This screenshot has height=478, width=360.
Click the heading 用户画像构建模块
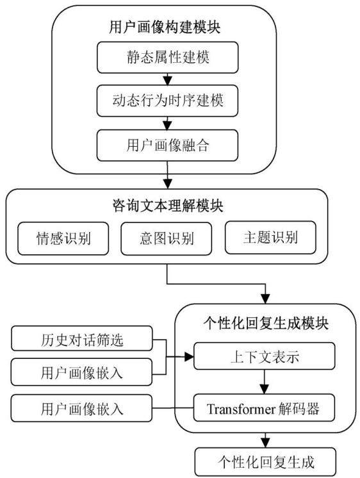[165, 27]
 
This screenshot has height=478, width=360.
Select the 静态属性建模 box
[167, 57]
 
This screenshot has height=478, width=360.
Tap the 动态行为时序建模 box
[167, 101]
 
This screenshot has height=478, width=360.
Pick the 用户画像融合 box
[167, 145]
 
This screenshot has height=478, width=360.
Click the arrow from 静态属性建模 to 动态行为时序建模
[167, 79]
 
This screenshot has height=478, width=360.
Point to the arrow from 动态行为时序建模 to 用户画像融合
[167, 124]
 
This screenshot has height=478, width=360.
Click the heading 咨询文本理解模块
[168, 206]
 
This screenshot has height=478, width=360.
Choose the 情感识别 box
[63, 238]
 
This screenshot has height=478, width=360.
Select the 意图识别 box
[167, 238]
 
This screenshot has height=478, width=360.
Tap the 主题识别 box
[270, 238]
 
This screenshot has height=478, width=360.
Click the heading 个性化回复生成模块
[266, 323]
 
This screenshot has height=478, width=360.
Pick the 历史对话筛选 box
[82, 338]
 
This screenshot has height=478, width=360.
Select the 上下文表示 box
[265, 356]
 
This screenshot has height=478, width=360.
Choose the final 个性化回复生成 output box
[265, 461]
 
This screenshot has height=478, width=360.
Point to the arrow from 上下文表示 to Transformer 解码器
[265, 382]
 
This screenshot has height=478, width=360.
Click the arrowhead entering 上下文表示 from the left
[190, 357]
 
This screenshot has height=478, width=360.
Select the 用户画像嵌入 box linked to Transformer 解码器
[82, 409]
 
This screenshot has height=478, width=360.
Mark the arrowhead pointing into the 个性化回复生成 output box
[265, 443]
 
